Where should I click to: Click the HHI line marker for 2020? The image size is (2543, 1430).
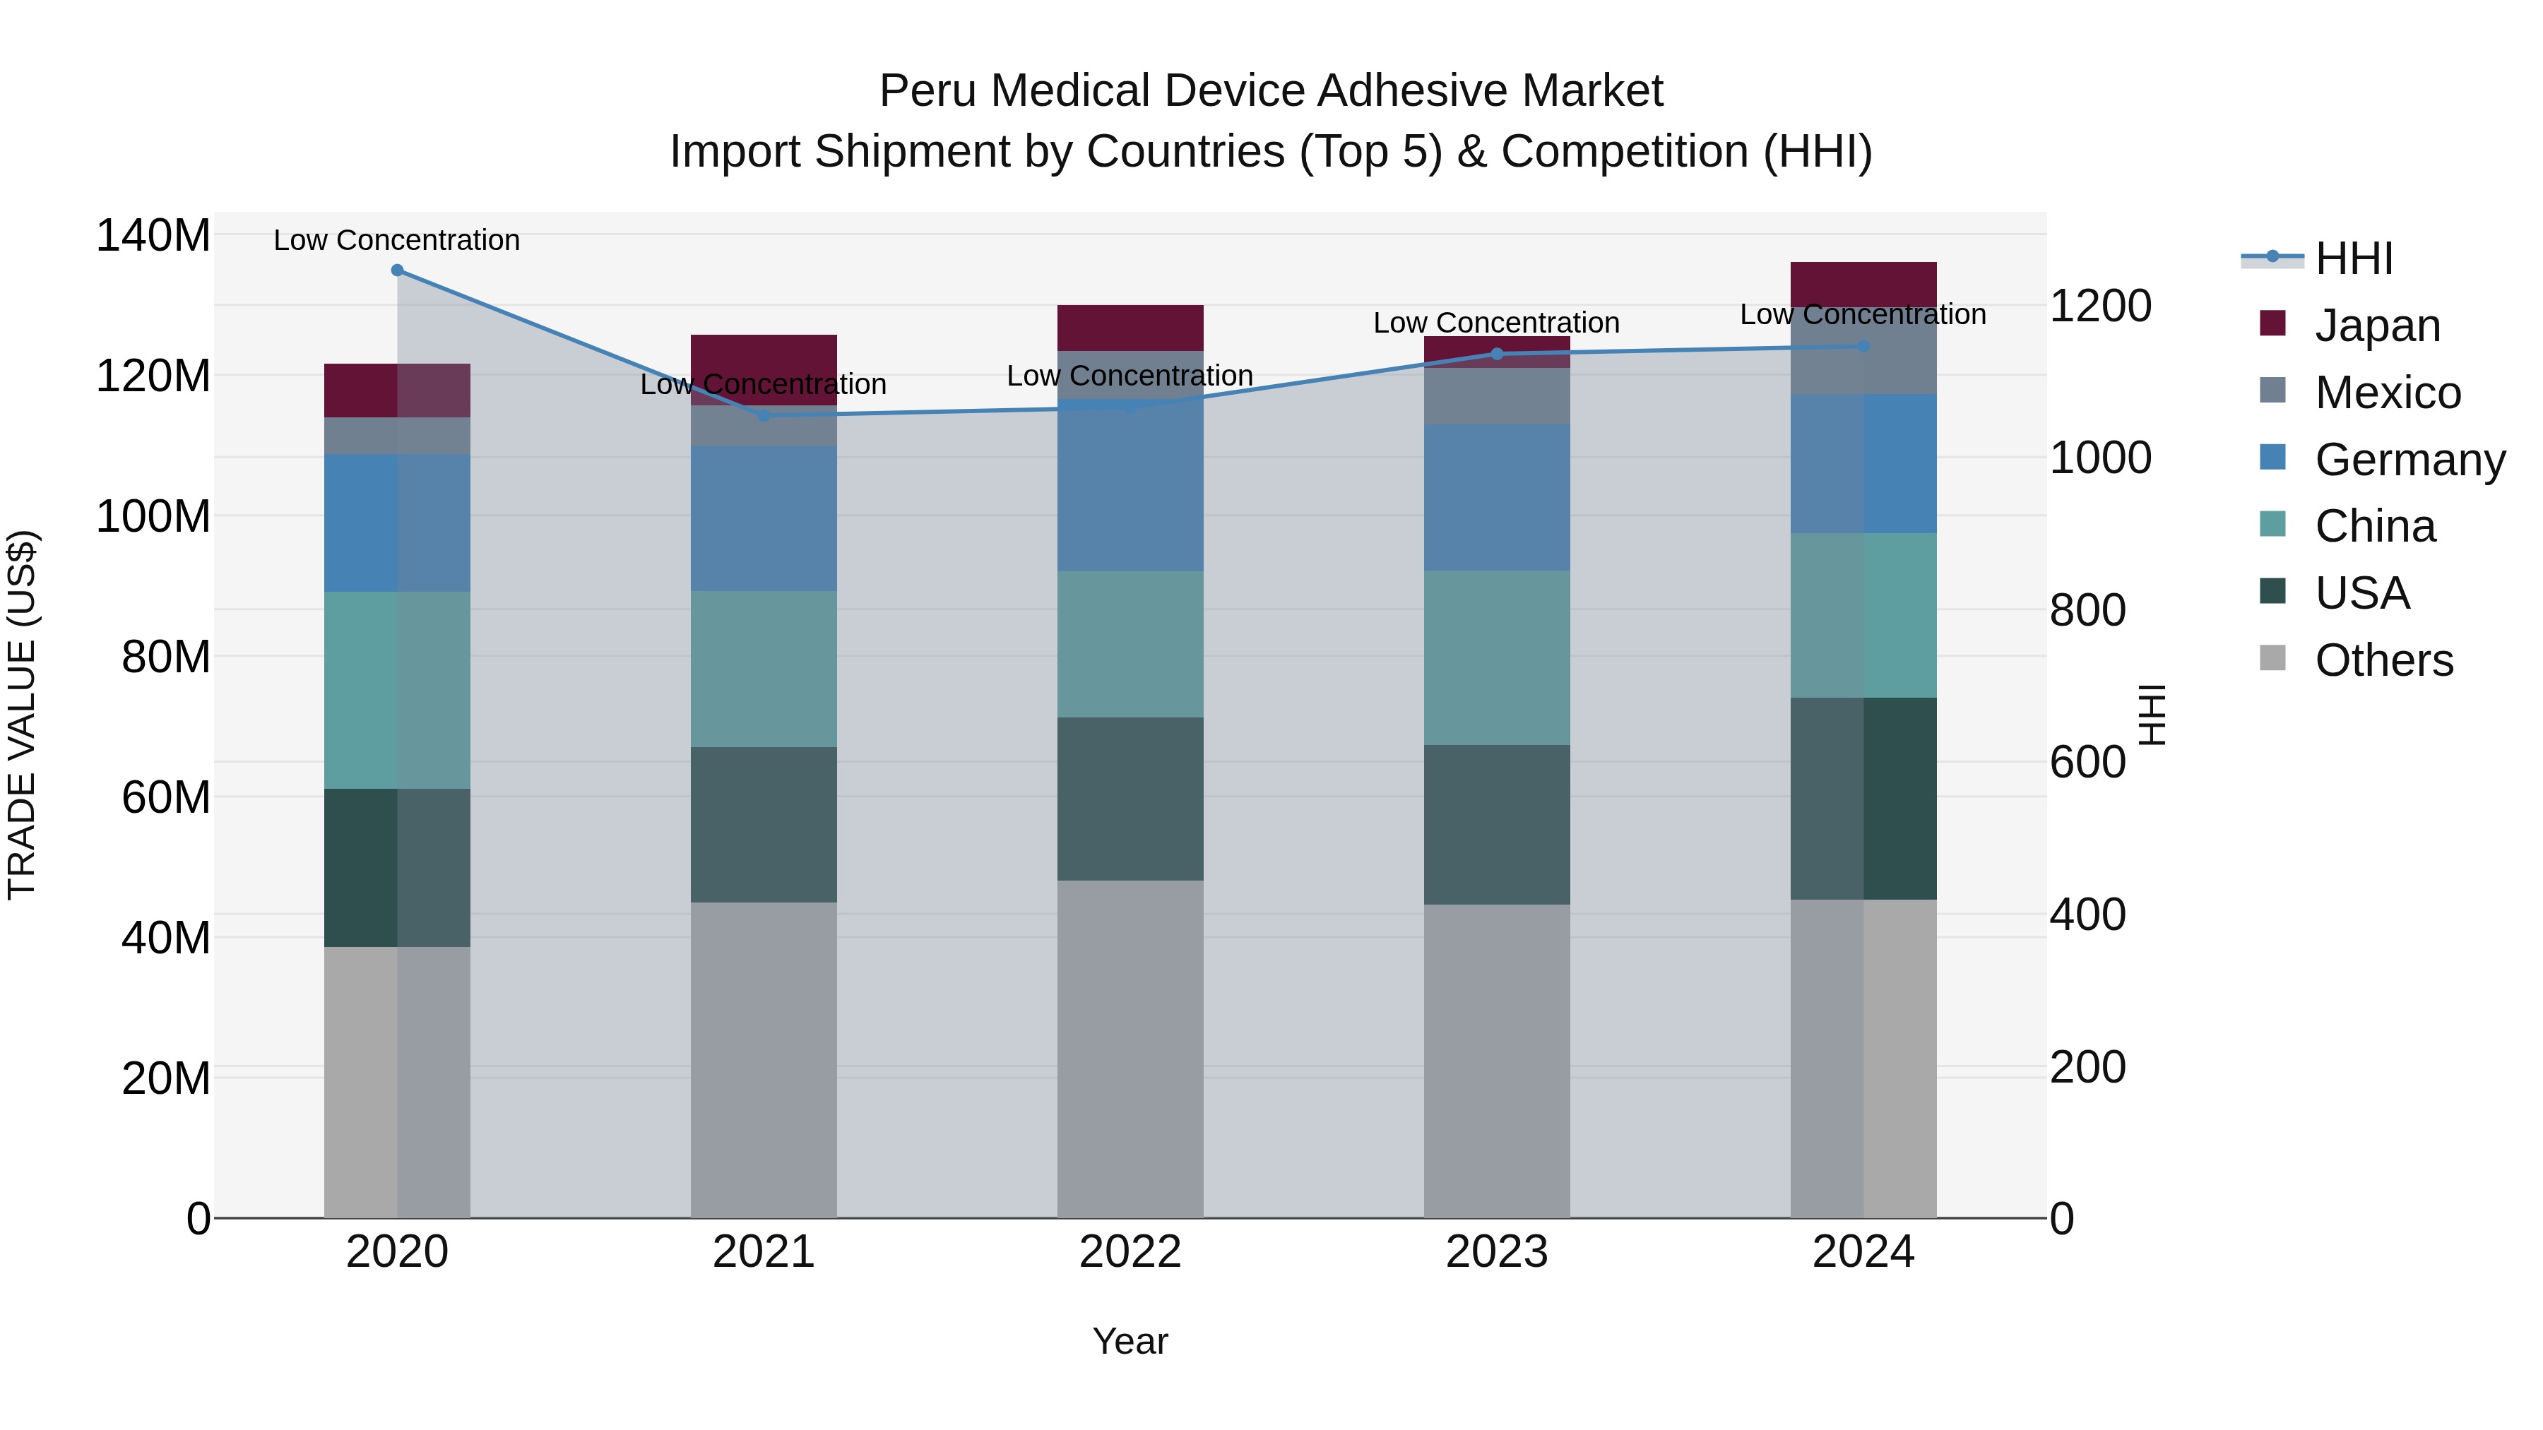(x=397, y=270)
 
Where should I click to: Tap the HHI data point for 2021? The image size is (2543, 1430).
(x=763, y=415)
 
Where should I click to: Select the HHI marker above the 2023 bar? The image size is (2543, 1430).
(x=1497, y=353)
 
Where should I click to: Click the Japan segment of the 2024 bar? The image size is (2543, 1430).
(x=1863, y=283)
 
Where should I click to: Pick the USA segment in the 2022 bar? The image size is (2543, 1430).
(x=1130, y=799)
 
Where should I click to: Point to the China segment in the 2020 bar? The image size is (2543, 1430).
(x=397, y=690)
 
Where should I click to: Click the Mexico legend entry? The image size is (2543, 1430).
(x=2387, y=393)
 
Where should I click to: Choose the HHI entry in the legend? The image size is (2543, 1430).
(x=2354, y=258)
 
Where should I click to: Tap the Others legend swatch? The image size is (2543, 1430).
(x=2272, y=658)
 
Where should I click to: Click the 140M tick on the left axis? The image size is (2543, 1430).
(x=153, y=236)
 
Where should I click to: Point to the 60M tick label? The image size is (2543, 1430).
(x=166, y=797)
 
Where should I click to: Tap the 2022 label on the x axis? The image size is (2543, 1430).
(x=1130, y=1252)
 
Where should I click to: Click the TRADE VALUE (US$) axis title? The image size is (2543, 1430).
(x=22, y=715)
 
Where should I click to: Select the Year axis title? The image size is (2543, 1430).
(x=1130, y=1341)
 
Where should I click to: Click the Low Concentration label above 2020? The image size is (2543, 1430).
(x=397, y=240)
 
